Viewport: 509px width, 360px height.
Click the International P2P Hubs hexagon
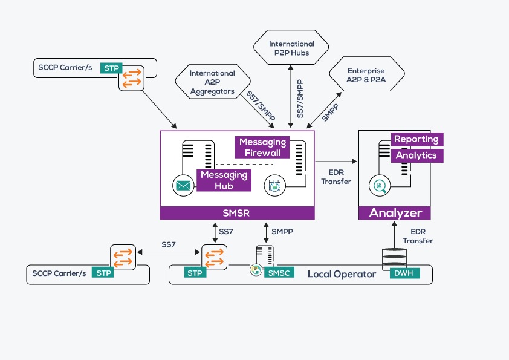[292, 48]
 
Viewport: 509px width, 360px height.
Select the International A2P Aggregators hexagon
[212, 81]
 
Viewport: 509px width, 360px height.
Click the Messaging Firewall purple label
[262, 147]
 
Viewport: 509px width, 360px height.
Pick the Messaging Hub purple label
[224, 180]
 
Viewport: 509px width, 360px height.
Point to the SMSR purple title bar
[237, 213]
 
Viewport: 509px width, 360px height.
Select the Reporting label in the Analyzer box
[417, 139]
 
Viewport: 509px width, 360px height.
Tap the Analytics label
[417, 155]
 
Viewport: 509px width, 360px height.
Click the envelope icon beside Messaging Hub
[182, 185]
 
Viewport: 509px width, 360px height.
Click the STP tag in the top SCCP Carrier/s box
[111, 68]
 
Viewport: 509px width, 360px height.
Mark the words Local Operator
[342, 274]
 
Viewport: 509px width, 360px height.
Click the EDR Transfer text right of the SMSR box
[336, 177]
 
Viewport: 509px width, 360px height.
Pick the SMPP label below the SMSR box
[282, 232]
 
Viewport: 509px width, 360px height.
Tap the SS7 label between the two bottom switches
[169, 244]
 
